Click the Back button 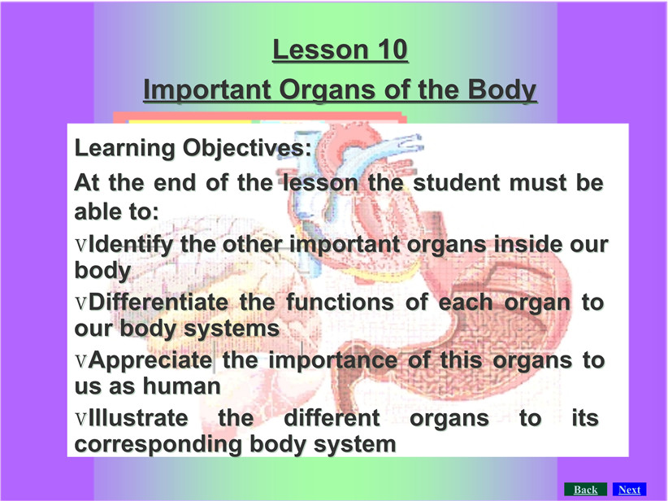pyautogui.click(x=585, y=490)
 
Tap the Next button pyautogui.click(x=629, y=490)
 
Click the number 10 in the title pyautogui.click(x=393, y=50)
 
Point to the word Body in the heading pyautogui.click(x=502, y=89)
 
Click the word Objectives pyautogui.click(x=247, y=148)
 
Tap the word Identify pyautogui.click(x=131, y=245)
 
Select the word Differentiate pyautogui.click(x=158, y=303)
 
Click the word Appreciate pyautogui.click(x=151, y=361)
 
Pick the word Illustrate pyautogui.click(x=138, y=418)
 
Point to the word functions pyautogui.click(x=340, y=303)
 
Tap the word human pyautogui.click(x=181, y=386)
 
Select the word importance pyautogui.click(x=332, y=361)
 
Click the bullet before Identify pyautogui.click(x=81, y=245)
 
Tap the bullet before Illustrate pyautogui.click(x=81, y=419)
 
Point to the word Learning pyautogui.click(x=125, y=148)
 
